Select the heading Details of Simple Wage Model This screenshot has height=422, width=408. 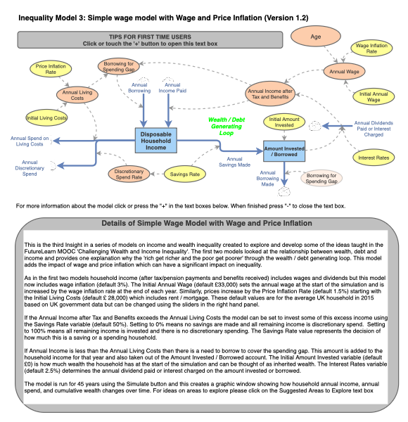pos(204,223)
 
